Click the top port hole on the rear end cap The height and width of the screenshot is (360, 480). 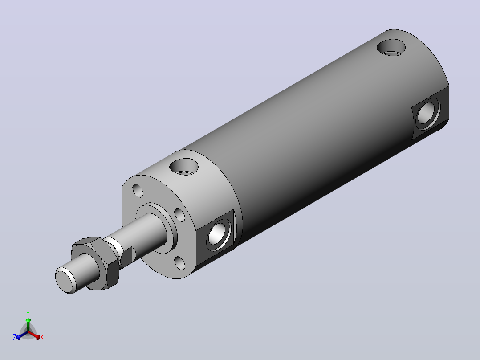click(x=391, y=48)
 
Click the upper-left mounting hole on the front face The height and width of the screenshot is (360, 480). click(x=138, y=190)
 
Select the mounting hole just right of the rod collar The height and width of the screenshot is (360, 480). click(x=180, y=215)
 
